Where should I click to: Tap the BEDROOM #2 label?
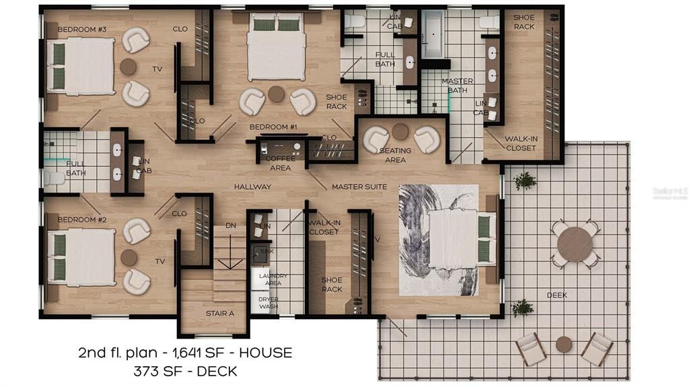click(x=80, y=219)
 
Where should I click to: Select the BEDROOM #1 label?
click(x=273, y=127)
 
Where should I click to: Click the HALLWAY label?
click(x=252, y=186)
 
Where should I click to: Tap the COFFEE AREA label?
click(x=280, y=163)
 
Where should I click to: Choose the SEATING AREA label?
click(x=395, y=155)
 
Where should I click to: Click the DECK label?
click(x=556, y=295)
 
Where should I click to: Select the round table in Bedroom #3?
click(x=128, y=67)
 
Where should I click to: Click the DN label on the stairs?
click(x=231, y=225)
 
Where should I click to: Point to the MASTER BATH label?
click(x=458, y=85)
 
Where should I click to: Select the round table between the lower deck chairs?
click(x=564, y=345)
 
